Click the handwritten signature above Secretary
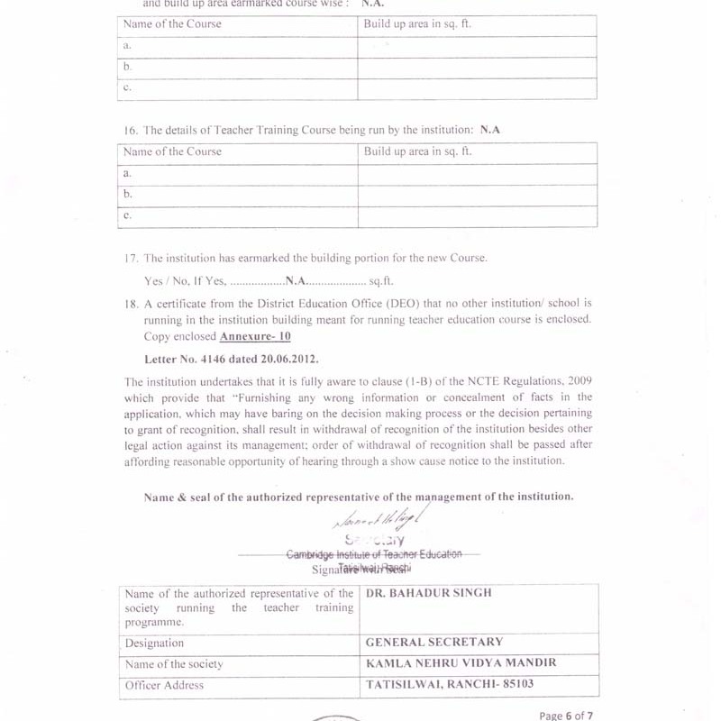click(x=379, y=521)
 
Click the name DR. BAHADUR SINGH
click(x=429, y=593)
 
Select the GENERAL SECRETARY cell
click(x=434, y=643)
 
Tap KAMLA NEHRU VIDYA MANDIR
click(x=461, y=663)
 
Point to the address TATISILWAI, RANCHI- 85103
click(x=450, y=685)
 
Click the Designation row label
click(x=154, y=643)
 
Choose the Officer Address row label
click(x=164, y=686)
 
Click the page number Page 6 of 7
click(x=566, y=716)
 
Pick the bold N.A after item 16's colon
click(x=490, y=130)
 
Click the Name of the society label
click(x=174, y=664)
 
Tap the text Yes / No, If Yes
click(x=185, y=281)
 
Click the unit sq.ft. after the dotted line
click(x=381, y=281)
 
